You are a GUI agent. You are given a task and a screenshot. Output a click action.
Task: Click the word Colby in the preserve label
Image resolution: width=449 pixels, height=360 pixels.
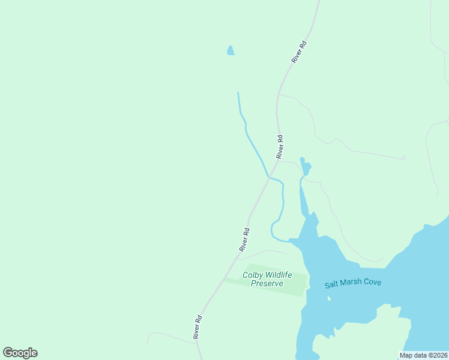pyautogui.click(x=253, y=275)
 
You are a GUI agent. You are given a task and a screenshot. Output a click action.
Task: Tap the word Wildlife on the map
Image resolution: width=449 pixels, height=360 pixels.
pyautogui.click(x=278, y=275)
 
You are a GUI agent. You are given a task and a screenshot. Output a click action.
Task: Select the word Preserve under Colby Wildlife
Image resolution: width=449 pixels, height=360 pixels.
pyautogui.click(x=267, y=284)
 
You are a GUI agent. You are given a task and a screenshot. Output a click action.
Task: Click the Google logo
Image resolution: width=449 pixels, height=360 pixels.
pyautogui.click(x=20, y=353)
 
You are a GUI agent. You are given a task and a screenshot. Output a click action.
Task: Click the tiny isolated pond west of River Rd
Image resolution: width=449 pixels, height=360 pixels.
pyautogui.click(x=231, y=51)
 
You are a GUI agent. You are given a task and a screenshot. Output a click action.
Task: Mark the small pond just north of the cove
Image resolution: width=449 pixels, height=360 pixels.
pyautogui.click(x=306, y=168)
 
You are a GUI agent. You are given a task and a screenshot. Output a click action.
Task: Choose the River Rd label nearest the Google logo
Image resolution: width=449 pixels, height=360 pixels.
pyautogui.click(x=196, y=327)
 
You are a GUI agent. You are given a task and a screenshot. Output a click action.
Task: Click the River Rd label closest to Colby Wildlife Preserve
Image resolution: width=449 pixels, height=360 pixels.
pyautogui.click(x=244, y=239)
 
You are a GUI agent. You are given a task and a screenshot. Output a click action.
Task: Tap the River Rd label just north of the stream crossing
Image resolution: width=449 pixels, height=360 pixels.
pyautogui.click(x=279, y=146)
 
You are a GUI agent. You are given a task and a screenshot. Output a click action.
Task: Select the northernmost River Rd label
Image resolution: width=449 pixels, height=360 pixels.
pyautogui.click(x=298, y=52)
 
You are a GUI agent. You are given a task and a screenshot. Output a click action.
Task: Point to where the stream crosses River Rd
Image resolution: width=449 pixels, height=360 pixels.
pyautogui.click(x=268, y=177)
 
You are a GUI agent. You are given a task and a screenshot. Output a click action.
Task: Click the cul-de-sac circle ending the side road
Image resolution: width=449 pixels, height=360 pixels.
pyautogui.click(x=404, y=158)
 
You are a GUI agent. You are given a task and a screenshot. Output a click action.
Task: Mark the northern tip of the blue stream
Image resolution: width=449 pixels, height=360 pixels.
pyautogui.click(x=238, y=93)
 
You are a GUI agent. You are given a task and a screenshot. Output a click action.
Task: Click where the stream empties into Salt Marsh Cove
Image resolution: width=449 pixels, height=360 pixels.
pyautogui.click(x=292, y=241)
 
